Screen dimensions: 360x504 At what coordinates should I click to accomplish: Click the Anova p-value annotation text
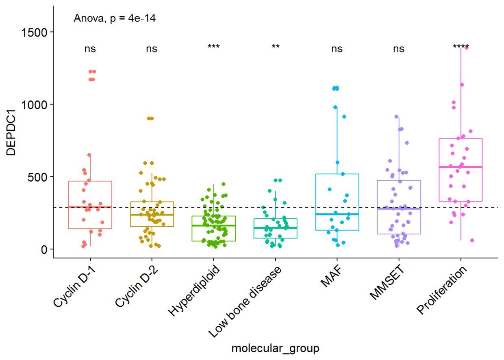tap(114, 18)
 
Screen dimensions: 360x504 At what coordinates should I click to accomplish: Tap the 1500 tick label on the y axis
tap(36, 32)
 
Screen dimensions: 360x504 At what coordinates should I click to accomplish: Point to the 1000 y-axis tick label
tap(36, 104)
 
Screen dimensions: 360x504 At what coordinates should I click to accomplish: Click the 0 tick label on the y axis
tap(44, 249)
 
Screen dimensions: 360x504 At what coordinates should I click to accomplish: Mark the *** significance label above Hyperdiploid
tap(213, 47)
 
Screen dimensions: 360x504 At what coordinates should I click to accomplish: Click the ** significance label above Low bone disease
tap(276, 47)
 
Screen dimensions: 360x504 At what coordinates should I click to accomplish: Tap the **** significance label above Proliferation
tap(461, 47)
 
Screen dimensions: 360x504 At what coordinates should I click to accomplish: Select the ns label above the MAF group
tap(337, 49)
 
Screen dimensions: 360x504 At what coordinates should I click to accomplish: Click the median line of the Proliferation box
tap(461, 167)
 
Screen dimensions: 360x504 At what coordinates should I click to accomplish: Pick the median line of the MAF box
tap(337, 214)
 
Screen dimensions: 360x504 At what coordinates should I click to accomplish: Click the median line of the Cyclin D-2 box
tap(152, 215)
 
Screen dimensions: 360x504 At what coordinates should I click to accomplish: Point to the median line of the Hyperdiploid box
tap(213, 226)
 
